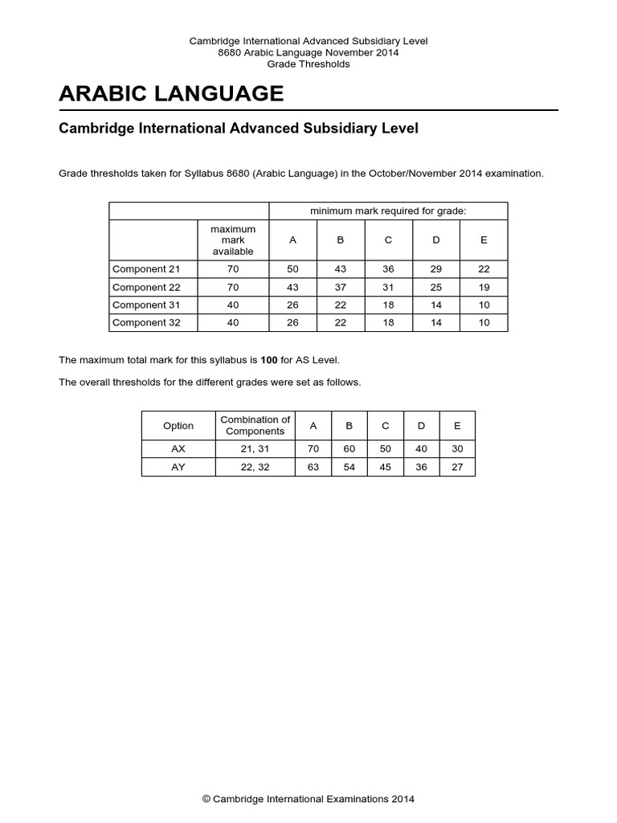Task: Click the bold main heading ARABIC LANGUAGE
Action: click(171, 94)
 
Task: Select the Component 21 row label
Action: click(146, 269)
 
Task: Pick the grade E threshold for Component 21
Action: click(483, 269)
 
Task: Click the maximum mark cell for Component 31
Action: click(232, 305)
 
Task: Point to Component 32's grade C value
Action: click(388, 322)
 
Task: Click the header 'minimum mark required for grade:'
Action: click(388, 211)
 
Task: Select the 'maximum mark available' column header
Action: click(232, 240)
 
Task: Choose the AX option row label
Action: click(178, 448)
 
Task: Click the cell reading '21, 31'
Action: click(255, 448)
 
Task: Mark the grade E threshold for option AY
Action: click(457, 467)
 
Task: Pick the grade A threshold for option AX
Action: click(313, 448)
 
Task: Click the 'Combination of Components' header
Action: click(255, 425)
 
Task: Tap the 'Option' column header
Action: click(178, 426)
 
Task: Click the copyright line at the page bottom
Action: click(308, 799)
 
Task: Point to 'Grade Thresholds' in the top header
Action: click(308, 64)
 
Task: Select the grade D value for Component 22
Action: click(436, 287)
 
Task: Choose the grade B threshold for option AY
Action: click(349, 467)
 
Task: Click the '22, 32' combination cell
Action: click(255, 467)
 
